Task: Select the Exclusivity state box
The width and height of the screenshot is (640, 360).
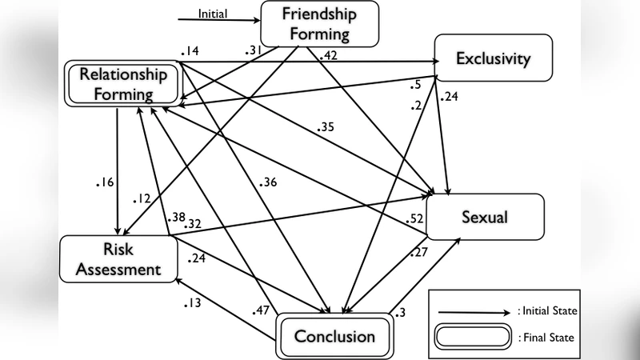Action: [493, 58]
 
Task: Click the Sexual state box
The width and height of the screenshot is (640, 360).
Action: [485, 217]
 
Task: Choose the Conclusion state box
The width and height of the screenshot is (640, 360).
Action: [334, 335]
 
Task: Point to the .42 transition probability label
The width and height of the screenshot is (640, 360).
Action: [327, 56]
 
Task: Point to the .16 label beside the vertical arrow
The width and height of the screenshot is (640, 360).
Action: [103, 182]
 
